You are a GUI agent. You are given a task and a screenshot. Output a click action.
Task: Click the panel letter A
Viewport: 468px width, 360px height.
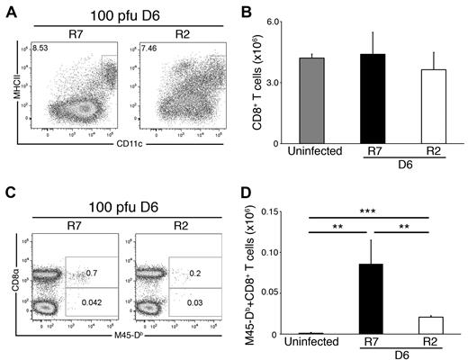pos(12,11)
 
